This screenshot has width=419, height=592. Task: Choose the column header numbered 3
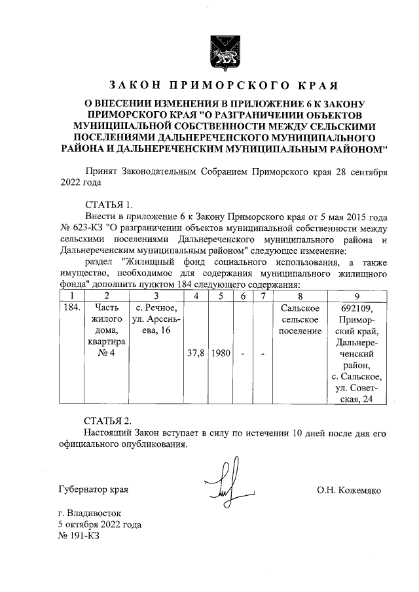point(156,296)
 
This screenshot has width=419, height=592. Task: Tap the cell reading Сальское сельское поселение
point(299,319)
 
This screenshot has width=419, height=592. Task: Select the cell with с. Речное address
point(156,319)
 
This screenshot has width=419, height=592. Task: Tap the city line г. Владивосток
point(89,514)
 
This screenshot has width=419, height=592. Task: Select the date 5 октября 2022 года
point(99,525)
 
